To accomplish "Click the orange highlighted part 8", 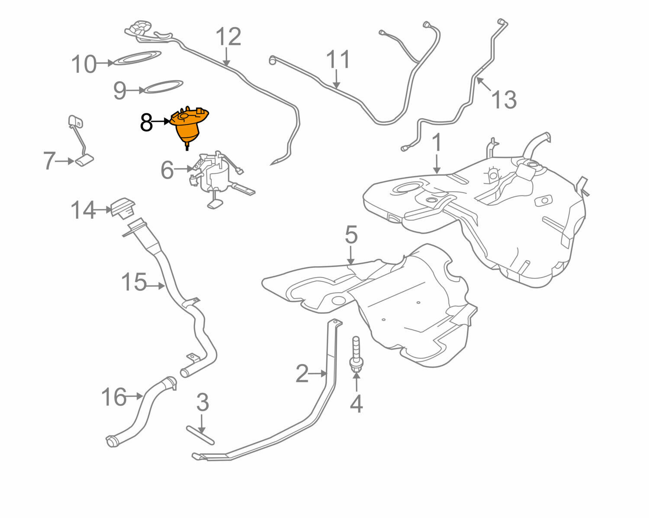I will (x=189, y=125).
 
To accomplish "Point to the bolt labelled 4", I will (x=356, y=355).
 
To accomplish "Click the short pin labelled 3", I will (x=200, y=435).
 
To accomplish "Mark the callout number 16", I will (x=114, y=397).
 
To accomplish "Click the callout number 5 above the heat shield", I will (x=351, y=235).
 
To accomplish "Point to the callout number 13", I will (x=504, y=100).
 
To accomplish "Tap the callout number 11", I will (x=337, y=60).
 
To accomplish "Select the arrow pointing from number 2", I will (x=318, y=373).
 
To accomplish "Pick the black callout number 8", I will (x=146, y=123).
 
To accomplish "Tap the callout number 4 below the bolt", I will (x=356, y=404).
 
